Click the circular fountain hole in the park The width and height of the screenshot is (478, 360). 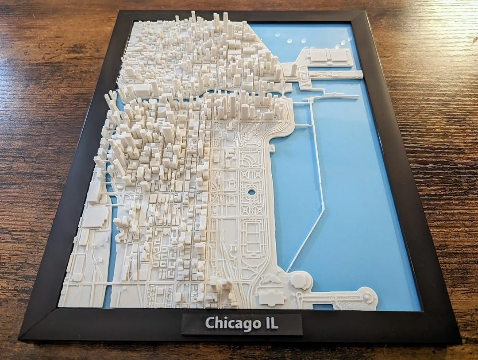tap(251, 192)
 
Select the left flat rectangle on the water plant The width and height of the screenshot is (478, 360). tap(319, 56)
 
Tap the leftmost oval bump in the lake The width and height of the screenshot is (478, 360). tap(278, 35)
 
